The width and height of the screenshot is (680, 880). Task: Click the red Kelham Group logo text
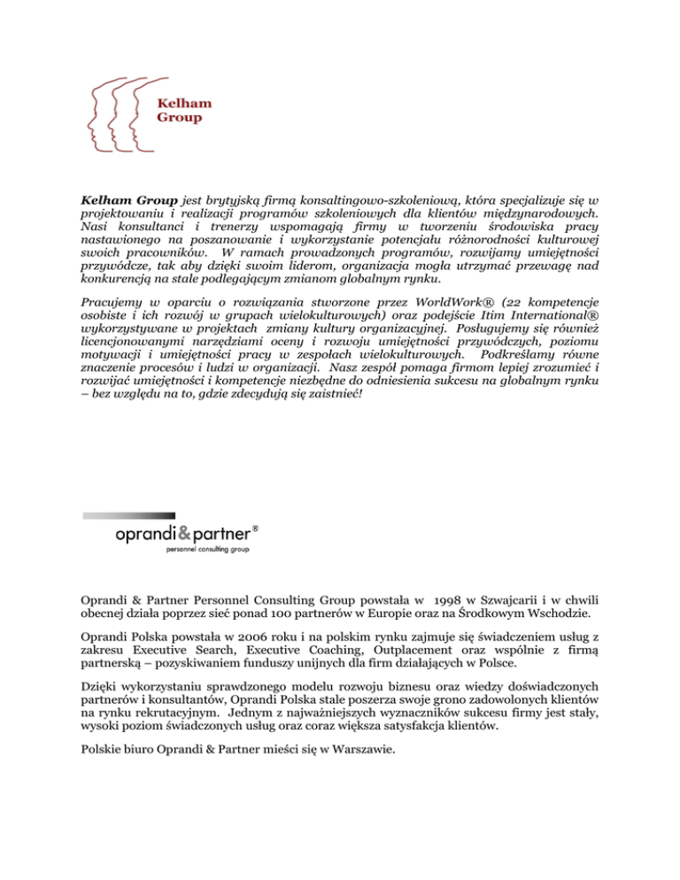coord(180,109)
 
